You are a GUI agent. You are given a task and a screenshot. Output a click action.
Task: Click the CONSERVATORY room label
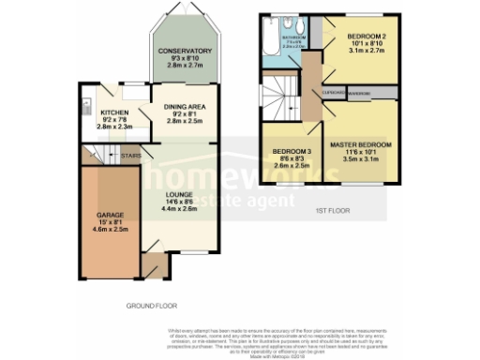click(x=184, y=51)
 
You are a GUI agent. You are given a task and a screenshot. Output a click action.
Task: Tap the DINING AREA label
click(x=184, y=107)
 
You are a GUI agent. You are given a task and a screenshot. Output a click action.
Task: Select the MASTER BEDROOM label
click(x=361, y=144)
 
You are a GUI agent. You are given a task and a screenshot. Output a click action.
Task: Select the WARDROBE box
click(x=360, y=94)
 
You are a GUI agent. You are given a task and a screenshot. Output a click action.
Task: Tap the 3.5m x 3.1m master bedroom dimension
click(x=361, y=159)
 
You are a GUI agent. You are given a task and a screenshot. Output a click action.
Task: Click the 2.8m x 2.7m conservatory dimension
click(x=184, y=65)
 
